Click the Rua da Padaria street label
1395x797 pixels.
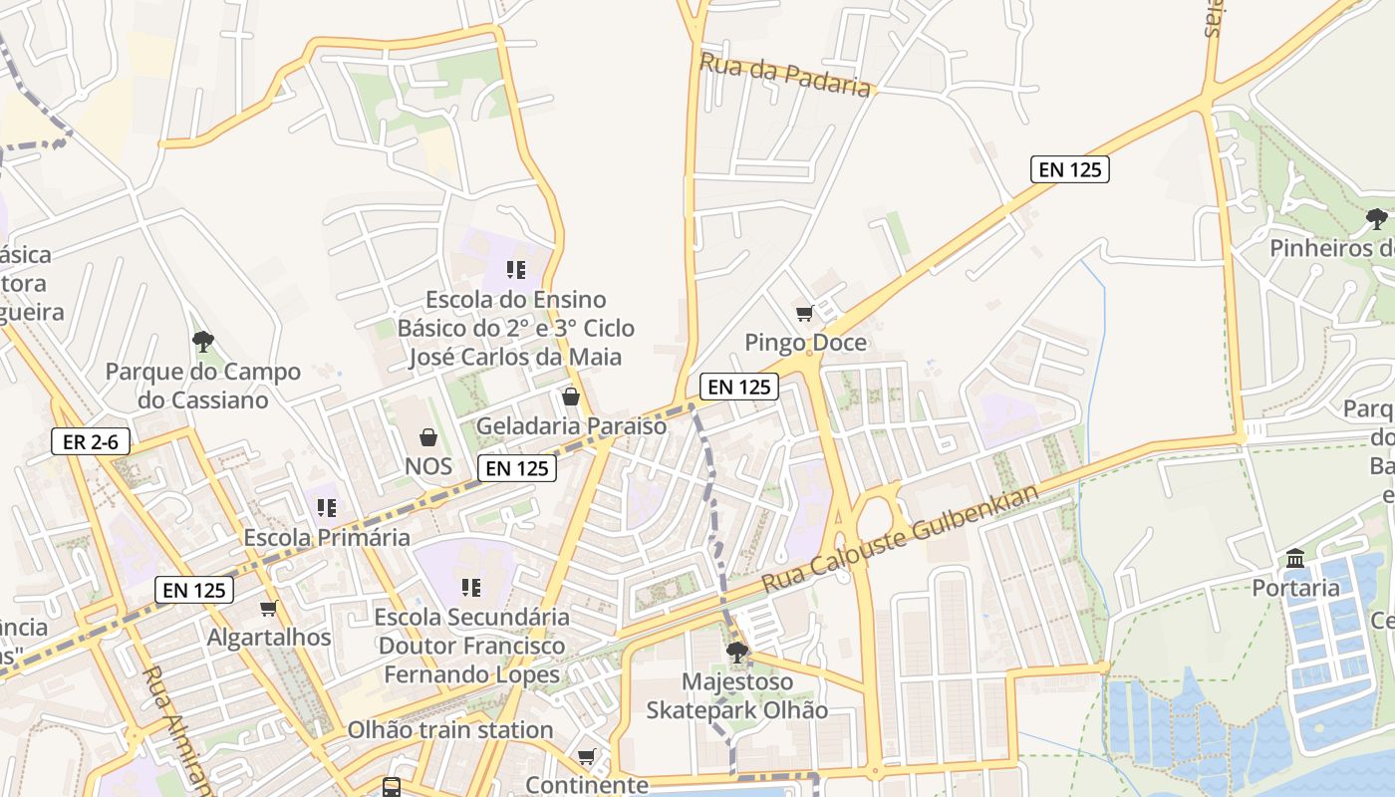click(785, 75)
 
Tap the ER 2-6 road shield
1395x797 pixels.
click(91, 441)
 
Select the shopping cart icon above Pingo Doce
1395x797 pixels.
click(805, 314)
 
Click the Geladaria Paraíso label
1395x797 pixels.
click(571, 426)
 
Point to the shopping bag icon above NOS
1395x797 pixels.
click(428, 437)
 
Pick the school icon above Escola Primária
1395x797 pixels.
click(327, 508)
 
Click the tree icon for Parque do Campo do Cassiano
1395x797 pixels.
click(203, 343)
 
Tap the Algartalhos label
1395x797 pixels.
click(269, 638)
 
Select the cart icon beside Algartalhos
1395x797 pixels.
click(267, 609)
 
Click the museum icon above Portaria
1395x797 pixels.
click(1295, 559)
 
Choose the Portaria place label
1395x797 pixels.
click(1295, 588)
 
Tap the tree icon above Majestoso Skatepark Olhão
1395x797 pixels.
click(737, 654)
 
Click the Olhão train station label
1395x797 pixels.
click(449, 730)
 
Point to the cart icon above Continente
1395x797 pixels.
click(587, 757)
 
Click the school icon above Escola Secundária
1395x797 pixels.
click(471, 588)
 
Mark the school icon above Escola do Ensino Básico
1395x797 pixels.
click(515, 269)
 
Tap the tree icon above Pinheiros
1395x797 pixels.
click(1376, 218)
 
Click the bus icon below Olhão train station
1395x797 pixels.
click(392, 787)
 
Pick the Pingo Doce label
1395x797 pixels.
click(805, 344)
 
